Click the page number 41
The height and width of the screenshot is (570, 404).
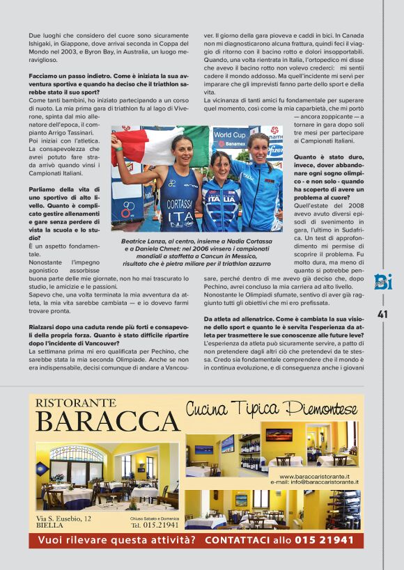[382, 314]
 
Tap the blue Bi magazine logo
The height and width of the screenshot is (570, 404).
[383, 283]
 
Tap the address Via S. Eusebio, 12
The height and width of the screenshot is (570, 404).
[63, 518]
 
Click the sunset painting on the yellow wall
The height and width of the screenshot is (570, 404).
[279, 434]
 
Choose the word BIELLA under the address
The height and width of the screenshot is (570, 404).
[49, 527]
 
